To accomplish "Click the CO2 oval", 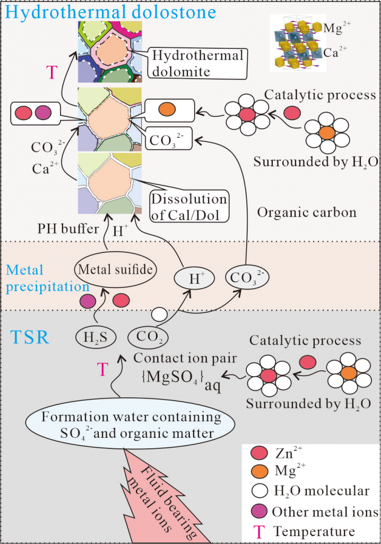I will [145, 337].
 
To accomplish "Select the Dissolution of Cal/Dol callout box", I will [188, 207].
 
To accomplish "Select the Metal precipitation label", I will [37, 278].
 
